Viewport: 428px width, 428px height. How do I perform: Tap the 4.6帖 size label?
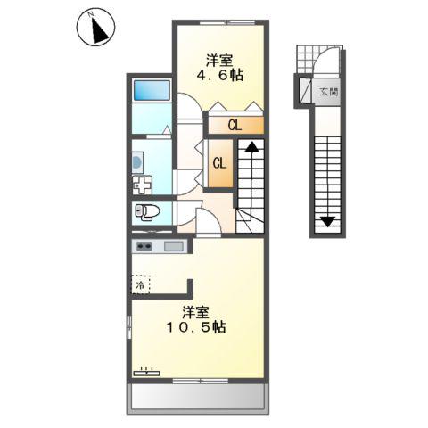coord(218,76)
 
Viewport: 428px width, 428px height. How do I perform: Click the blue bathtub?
coord(152,91)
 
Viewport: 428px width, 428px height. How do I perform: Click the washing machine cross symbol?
coord(143,185)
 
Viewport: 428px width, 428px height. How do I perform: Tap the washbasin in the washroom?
coord(136,161)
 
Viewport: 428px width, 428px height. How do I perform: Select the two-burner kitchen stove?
coord(144,246)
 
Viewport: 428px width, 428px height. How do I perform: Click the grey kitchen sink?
coord(173,246)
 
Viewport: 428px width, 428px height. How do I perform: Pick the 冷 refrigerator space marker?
coord(141,285)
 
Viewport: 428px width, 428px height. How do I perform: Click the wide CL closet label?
coord(235,125)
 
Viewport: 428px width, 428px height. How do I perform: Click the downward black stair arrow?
coord(327,219)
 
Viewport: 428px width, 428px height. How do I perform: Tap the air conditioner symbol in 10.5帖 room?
coord(146,370)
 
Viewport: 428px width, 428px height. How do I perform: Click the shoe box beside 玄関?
coord(305,90)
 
